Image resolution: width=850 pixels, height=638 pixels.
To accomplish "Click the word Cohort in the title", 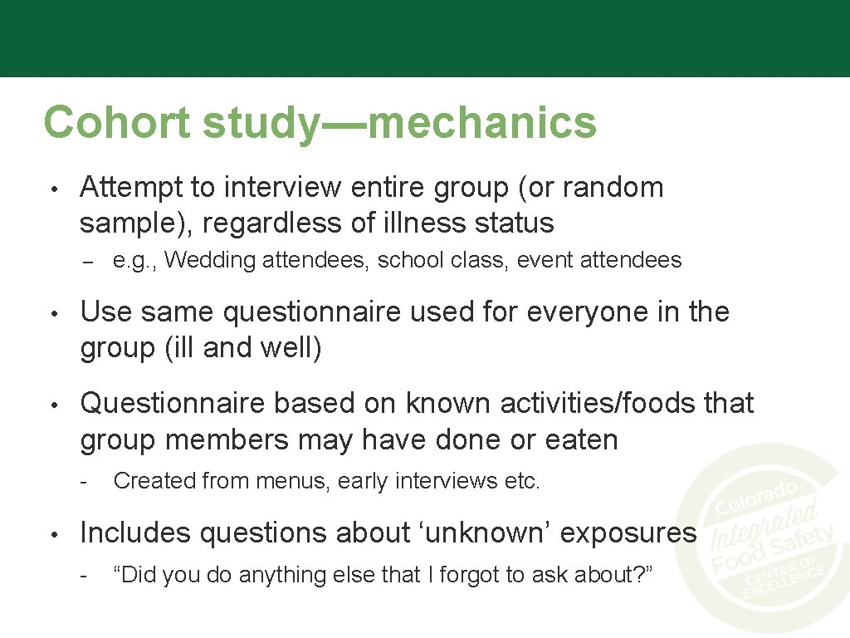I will click(x=118, y=122).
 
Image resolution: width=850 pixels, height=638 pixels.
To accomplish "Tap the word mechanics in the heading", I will click(x=481, y=122).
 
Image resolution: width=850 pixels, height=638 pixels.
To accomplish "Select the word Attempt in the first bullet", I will click(x=132, y=188).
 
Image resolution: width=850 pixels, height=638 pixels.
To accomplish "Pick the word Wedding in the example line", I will click(x=211, y=261).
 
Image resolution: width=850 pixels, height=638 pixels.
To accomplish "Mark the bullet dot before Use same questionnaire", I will click(x=53, y=314).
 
